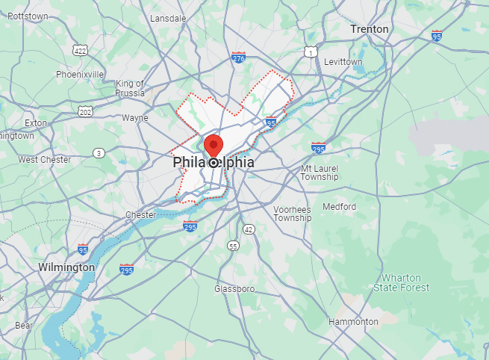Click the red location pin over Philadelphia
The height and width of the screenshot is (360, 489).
point(214,144)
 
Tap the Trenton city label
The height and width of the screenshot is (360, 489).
point(370,29)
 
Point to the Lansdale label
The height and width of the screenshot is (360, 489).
point(168,18)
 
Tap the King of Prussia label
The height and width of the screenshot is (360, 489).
point(130,88)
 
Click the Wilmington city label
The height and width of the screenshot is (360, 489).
point(67,267)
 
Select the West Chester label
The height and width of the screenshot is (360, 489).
point(45,160)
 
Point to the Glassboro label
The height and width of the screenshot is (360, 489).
point(235,288)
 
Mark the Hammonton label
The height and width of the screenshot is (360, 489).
point(353,322)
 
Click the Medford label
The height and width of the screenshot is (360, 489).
point(339,207)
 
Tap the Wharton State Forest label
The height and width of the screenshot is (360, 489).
point(402,282)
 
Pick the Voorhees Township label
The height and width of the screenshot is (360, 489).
point(292,214)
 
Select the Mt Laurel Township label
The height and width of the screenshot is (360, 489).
point(320,173)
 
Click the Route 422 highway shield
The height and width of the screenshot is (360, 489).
point(80,50)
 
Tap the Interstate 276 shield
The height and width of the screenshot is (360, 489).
point(238,58)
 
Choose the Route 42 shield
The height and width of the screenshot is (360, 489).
point(249,229)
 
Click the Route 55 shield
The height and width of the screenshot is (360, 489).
point(234,245)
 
